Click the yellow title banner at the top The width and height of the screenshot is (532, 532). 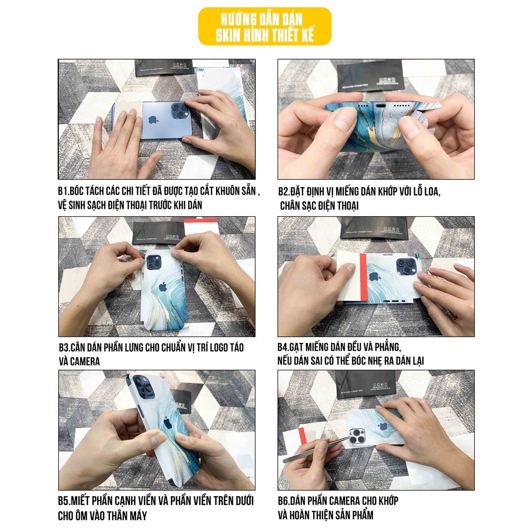click(x=264, y=26)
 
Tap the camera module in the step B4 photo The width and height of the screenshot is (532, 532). click(x=406, y=267)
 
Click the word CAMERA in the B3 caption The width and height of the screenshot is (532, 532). click(x=79, y=361)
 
